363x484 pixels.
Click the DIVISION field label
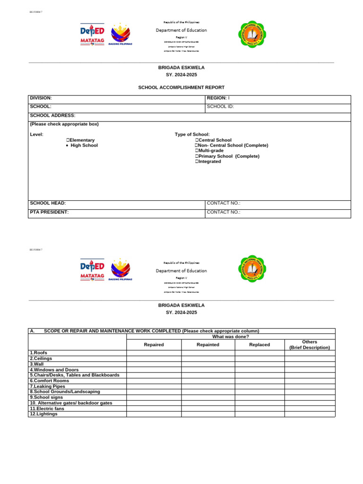point(41,98)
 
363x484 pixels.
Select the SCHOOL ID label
point(220,107)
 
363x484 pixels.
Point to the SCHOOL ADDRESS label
point(52,115)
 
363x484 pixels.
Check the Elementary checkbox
point(68,140)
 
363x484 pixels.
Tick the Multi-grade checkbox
point(197,151)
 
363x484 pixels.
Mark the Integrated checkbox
point(197,162)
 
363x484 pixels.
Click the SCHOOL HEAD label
point(48,203)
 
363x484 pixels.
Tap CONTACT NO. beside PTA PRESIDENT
point(224,213)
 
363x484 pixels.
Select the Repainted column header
point(208,345)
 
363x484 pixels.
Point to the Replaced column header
point(259,345)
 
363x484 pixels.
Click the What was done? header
point(231,337)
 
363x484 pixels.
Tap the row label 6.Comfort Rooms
point(49,380)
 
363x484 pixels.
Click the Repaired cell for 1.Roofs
point(154,353)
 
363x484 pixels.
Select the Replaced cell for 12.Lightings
point(259,414)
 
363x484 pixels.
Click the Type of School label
point(192,135)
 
